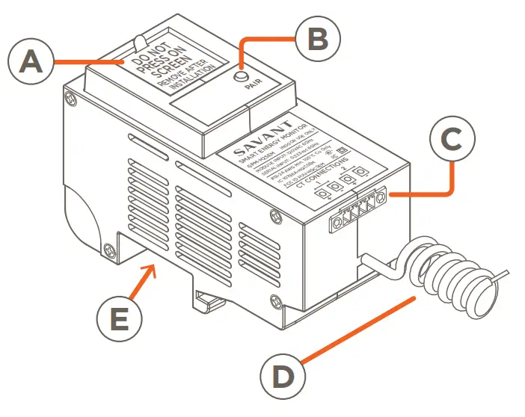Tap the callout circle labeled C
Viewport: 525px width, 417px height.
(x=455, y=141)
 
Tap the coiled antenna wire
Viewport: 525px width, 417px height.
(x=449, y=269)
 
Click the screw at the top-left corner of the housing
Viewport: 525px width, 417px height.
(x=69, y=97)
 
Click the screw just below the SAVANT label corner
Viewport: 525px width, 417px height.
(x=277, y=216)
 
